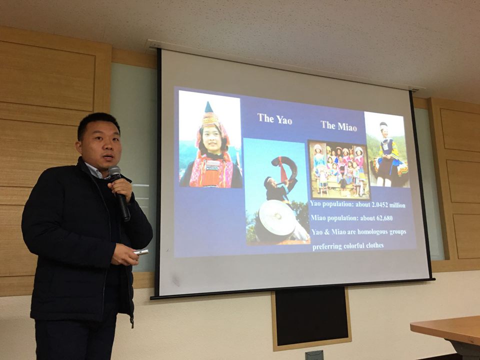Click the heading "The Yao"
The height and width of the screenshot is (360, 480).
click(x=274, y=119)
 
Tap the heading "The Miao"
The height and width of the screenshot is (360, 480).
click(x=339, y=126)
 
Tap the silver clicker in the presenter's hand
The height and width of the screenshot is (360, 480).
click(x=141, y=252)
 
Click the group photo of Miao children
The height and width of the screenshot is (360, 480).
click(x=339, y=169)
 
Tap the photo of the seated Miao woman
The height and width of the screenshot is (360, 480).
click(x=387, y=149)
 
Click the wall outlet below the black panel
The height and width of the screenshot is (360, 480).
click(x=314, y=355)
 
